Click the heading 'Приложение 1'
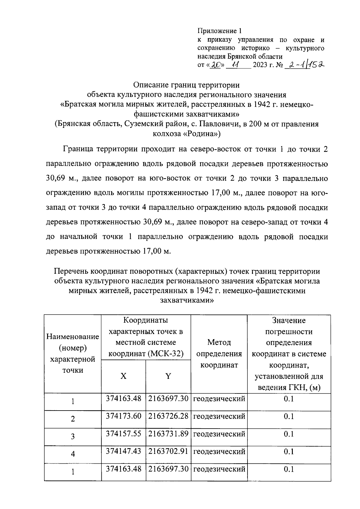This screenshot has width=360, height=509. [x=219, y=31]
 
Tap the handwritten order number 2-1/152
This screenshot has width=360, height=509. [x=304, y=65]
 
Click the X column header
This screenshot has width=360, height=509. [x=123, y=376]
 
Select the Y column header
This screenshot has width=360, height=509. [x=168, y=376]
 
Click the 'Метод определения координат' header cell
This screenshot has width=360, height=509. [x=219, y=354]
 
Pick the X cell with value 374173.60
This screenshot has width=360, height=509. [x=123, y=416]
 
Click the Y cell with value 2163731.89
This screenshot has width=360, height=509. [x=168, y=434]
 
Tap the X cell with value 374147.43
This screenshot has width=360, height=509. [x=123, y=451]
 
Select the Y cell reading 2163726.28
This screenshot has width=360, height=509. [x=168, y=416]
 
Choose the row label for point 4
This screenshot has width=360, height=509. [x=73, y=454]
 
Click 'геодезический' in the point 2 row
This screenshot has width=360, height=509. [x=219, y=416]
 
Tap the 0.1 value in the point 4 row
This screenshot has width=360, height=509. [x=289, y=451]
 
